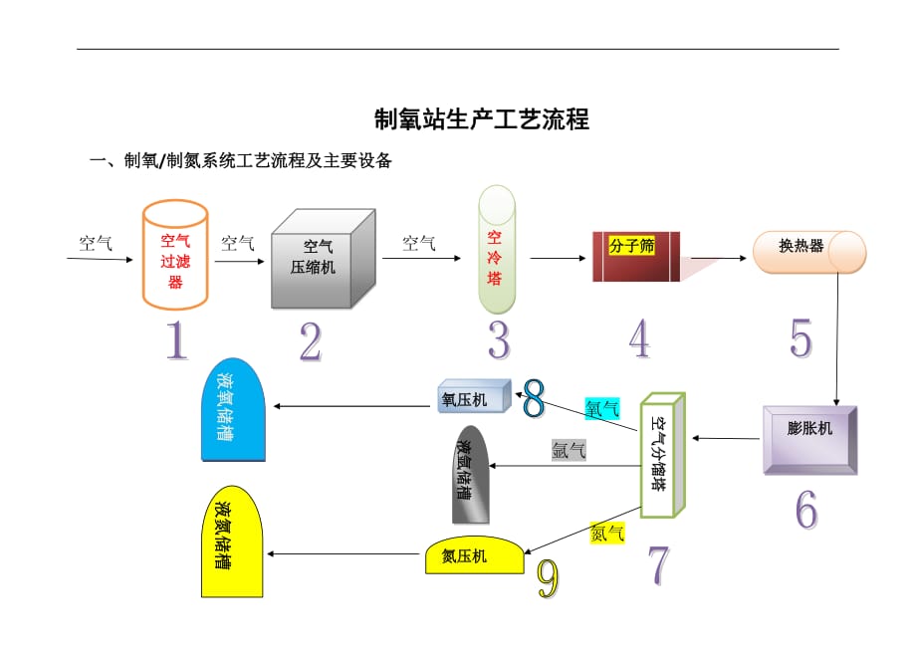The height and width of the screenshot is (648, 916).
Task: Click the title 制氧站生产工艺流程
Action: [481, 120]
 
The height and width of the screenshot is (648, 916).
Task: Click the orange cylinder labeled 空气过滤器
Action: [175, 256]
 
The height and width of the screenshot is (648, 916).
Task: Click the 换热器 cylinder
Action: [807, 251]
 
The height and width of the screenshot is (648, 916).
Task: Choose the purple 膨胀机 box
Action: [809, 438]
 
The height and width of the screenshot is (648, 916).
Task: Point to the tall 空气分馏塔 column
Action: [663, 455]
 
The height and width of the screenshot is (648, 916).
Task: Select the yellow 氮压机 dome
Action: [473, 555]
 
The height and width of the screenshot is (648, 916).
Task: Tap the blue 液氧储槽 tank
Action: [233, 412]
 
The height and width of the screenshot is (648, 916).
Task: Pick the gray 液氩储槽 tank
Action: [470, 477]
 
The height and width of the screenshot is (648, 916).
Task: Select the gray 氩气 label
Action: [569, 450]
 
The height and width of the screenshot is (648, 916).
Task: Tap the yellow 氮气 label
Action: [607, 533]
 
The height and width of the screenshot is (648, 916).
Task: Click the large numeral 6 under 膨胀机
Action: [805, 509]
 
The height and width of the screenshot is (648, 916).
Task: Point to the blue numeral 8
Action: [534, 398]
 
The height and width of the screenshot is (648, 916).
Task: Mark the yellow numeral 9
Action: [548, 578]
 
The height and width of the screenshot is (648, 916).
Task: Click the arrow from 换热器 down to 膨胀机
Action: [834, 337]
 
